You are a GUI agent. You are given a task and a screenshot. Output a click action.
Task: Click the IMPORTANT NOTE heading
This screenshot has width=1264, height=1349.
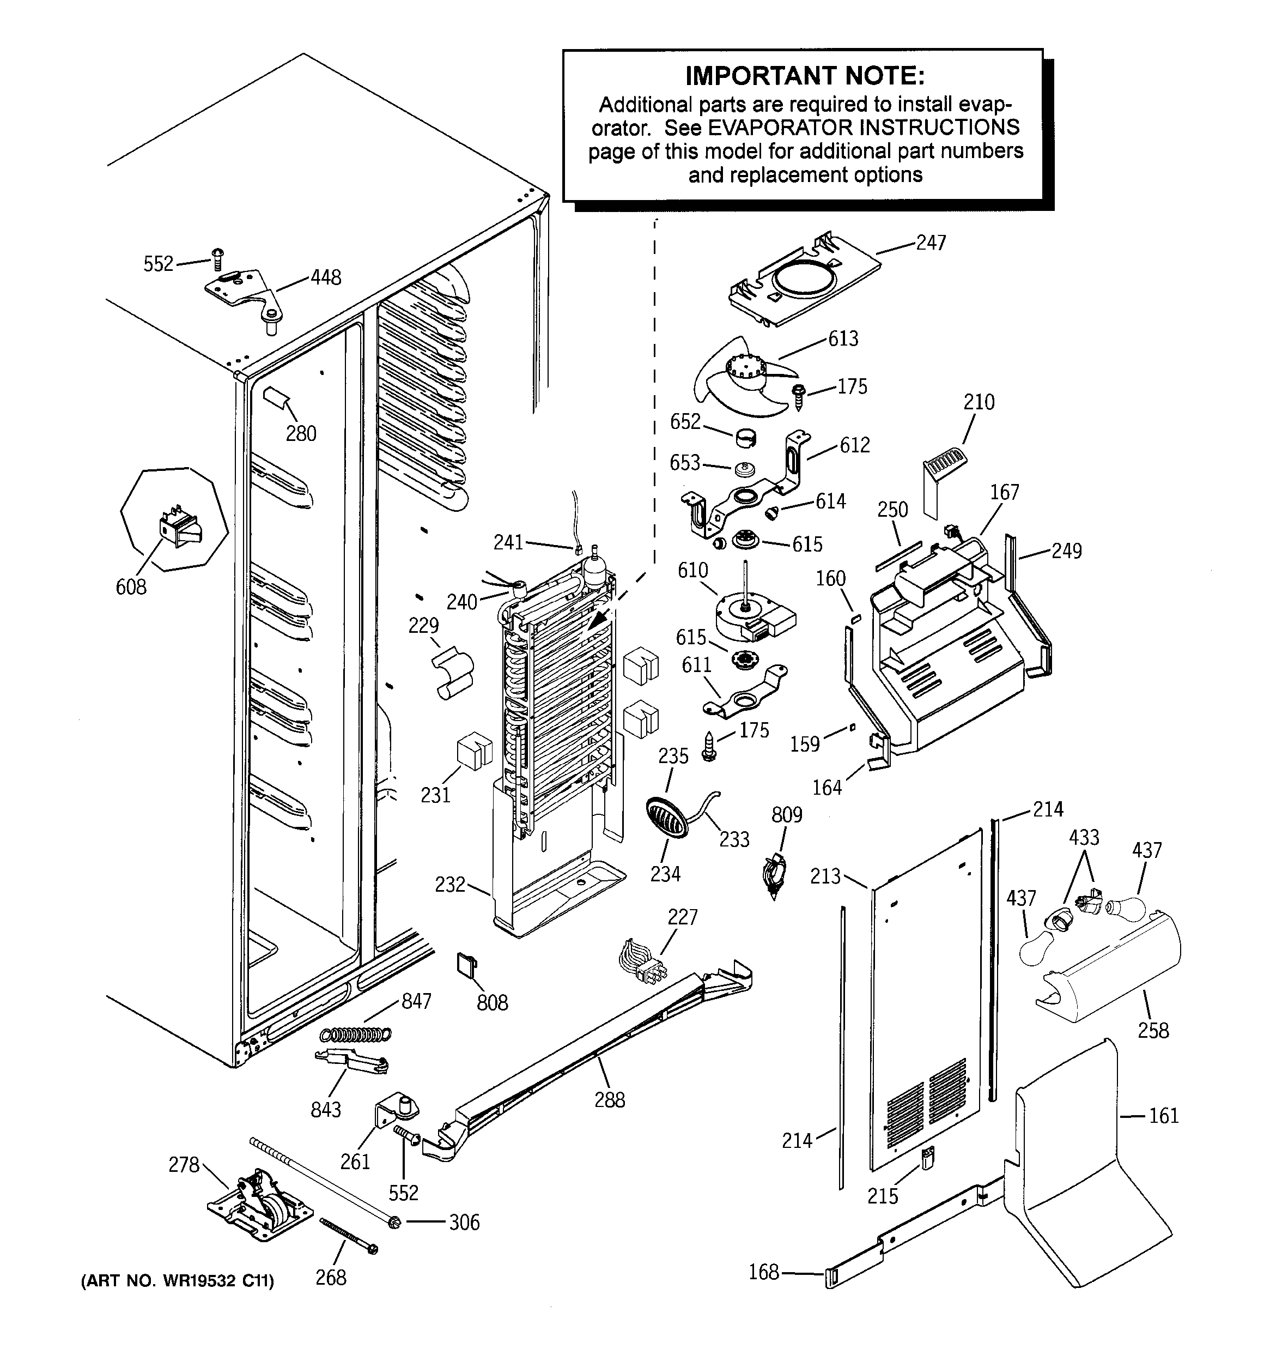point(805,76)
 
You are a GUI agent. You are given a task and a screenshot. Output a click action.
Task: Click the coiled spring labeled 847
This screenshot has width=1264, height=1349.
point(356,1034)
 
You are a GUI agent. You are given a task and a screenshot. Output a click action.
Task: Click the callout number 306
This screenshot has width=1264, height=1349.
point(464,1223)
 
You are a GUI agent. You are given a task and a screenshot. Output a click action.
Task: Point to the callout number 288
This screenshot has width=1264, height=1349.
point(609,1100)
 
